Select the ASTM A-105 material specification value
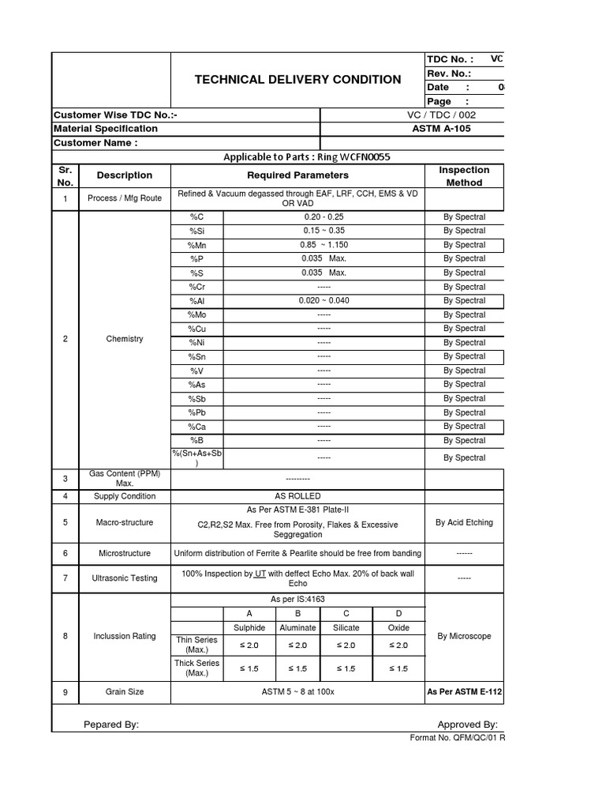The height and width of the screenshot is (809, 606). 442,129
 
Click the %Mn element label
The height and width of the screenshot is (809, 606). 197,245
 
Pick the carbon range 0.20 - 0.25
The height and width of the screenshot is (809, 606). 324,216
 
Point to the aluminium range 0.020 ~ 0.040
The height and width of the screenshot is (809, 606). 324,301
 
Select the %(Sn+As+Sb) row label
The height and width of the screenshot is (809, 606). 197,458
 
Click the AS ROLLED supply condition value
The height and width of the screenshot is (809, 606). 297,496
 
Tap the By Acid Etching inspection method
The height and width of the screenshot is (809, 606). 464,522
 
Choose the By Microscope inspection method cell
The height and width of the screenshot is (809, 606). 464,636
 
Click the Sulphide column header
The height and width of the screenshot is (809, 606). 249,628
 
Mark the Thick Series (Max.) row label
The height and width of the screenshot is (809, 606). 197,668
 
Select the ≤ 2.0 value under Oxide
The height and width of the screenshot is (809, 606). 398,645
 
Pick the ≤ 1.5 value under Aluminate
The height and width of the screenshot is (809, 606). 297,669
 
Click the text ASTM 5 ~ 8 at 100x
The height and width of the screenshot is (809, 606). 298,692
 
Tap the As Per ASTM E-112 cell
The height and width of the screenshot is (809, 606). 464,692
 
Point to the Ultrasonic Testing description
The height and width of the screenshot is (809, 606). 125,578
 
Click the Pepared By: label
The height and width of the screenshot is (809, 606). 111,724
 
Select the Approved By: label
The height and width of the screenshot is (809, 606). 467,724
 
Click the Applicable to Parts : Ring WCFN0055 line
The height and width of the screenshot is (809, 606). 307,156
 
